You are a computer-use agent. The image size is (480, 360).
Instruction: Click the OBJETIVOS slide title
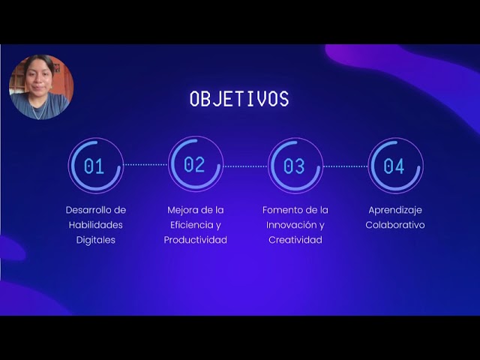(238, 99)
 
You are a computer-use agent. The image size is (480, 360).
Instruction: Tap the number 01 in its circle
(94, 166)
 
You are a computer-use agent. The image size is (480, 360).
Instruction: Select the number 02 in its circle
(195, 165)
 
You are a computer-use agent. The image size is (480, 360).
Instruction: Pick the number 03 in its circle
(295, 166)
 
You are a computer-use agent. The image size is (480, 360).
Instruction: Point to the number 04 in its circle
(394, 166)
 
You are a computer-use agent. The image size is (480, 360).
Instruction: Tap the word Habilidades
(96, 225)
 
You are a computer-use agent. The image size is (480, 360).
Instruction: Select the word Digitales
(96, 240)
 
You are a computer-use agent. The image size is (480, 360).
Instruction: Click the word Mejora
(181, 210)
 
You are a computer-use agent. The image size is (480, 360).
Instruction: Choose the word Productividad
(196, 240)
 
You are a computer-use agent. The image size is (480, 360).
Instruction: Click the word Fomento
(280, 210)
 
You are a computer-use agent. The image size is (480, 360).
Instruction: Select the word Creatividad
(295, 240)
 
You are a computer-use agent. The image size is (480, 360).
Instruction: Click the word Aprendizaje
(395, 210)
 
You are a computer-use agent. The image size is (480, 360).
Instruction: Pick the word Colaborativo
(395, 225)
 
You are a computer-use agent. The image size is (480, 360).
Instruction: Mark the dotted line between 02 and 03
(245, 166)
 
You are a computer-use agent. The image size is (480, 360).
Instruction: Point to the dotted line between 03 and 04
(345, 166)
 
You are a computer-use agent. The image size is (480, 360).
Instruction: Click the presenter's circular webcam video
(41, 87)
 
